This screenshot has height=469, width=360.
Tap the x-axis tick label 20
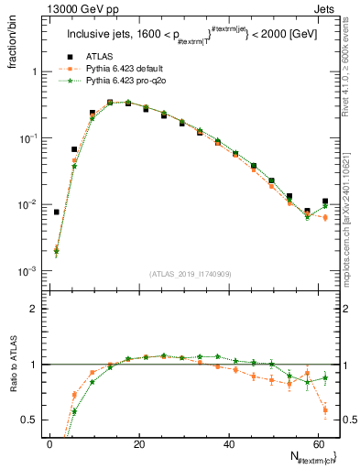coord(138,445)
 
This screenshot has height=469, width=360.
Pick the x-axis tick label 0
coord(49,445)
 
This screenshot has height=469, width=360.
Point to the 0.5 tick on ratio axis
coord(29,420)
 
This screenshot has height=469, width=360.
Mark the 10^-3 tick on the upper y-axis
coord(27,271)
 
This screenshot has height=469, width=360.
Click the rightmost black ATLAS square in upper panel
coord(325,202)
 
